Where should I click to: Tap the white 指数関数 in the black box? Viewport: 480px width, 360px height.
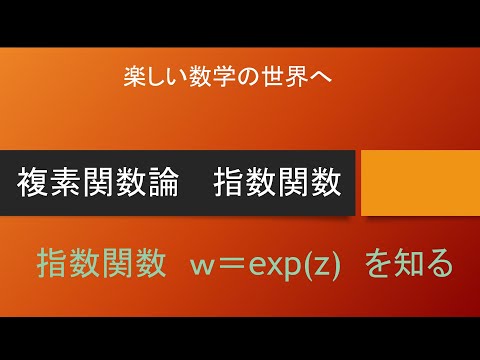[277, 183]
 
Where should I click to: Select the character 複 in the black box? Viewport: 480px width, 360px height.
[36, 183]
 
